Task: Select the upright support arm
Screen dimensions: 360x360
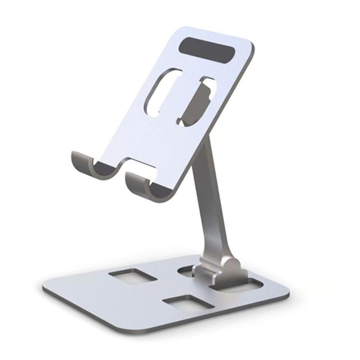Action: coord(211,202)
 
